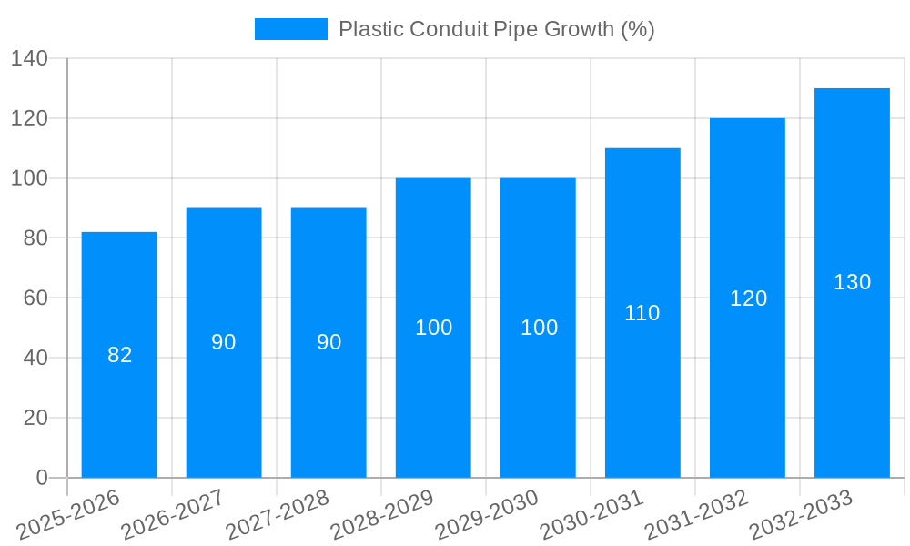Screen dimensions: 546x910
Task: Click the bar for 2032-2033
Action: coord(852,364)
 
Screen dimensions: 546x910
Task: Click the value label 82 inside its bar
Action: coord(120,356)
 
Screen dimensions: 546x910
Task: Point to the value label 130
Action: coord(852,282)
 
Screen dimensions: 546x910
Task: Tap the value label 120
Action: coord(748,298)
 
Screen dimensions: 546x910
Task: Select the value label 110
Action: coord(642,313)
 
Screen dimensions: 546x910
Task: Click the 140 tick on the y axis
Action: coord(29,59)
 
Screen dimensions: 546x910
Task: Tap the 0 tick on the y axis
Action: coord(41,478)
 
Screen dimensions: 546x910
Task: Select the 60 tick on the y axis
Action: coord(35,298)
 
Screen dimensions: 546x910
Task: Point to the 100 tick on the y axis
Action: coord(29,178)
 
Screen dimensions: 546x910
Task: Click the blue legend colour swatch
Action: coord(291,29)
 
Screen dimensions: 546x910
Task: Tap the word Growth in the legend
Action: coord(579,29)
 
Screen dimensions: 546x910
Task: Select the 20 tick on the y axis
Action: coord(35,418)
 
